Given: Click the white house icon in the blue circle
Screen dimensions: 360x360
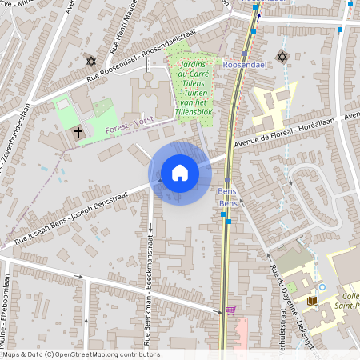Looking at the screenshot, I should [x=180, y=173].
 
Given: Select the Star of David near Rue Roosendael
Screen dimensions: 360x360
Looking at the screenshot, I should [x=90, y=62].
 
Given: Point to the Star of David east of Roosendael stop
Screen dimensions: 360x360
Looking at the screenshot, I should [x=281, y=56].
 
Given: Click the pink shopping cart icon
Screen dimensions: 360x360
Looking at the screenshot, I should [x=230, y=310].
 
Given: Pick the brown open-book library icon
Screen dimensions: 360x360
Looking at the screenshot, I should [x=313, y=301].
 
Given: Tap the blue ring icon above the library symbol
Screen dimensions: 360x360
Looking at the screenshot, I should [x=322, y=287].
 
